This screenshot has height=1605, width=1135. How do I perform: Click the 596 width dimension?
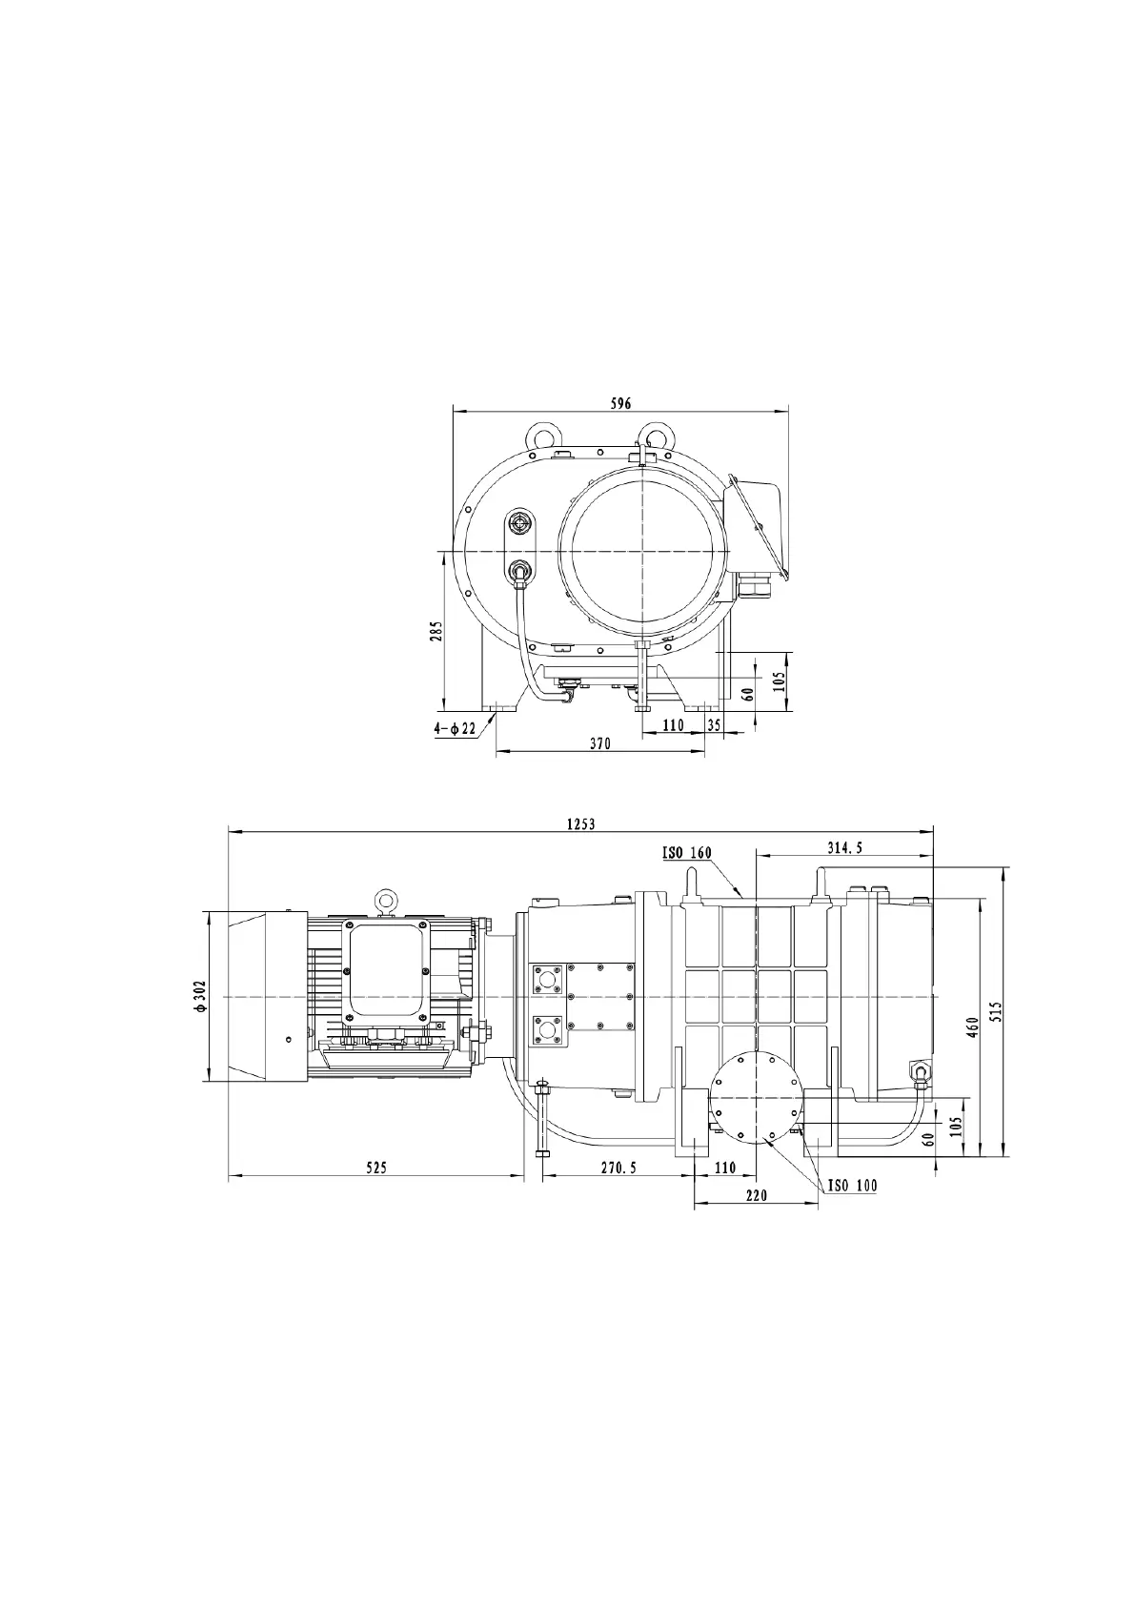pyautogui.click(x=620, y=404)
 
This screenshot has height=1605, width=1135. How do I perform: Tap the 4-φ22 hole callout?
pyautogui.click(x=455, y=729)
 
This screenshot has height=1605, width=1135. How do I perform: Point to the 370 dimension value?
pyautogui.click(x=600, y=743)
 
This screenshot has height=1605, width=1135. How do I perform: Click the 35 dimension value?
pyautogui.click(x=715, y=724)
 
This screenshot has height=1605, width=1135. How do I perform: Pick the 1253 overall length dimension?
pyautogui.click(x=581, y=824)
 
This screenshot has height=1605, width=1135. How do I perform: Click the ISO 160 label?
pyautogui.click(x=686, y=853)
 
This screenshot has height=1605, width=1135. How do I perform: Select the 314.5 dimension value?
pyautogui.click(x=844, y=847)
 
